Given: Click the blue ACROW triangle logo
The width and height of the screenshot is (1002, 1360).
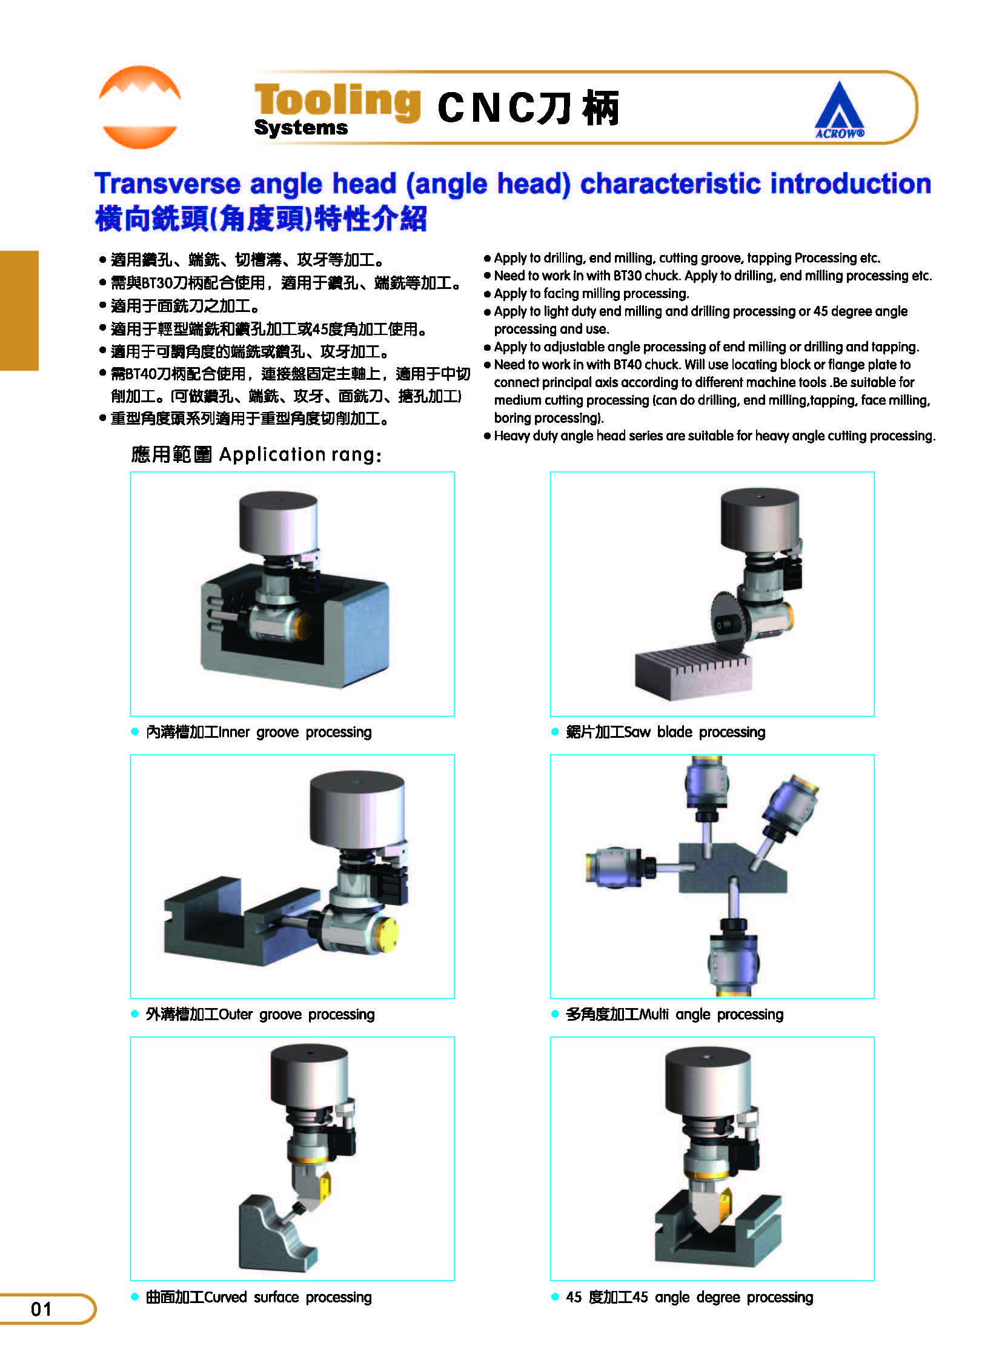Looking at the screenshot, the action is pos(840,110).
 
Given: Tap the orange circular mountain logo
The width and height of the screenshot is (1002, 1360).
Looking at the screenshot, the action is pos(139,107).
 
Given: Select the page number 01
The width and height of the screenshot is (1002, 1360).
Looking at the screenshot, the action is pos(41,1309).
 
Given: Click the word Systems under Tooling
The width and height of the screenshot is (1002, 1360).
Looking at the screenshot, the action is pos(301,128).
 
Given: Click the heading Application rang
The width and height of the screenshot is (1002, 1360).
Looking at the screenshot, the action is pos(300,454).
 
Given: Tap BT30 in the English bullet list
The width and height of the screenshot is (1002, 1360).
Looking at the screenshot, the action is pos(628,276).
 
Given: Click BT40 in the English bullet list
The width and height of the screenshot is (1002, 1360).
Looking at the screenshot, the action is pos(628,365).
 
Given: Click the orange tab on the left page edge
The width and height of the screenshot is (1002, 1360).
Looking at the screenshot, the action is pos(19,310).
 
